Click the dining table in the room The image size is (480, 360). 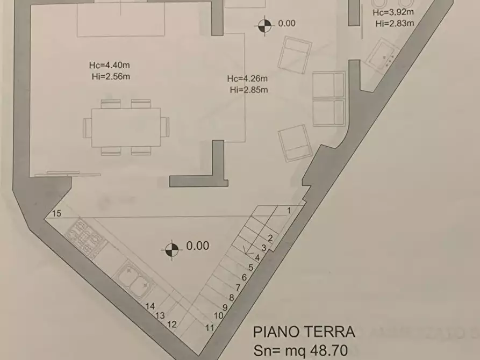tap(126, 127)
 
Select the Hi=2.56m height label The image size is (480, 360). tap(111, 76)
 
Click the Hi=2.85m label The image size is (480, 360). tap(248, 90)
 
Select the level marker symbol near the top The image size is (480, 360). tap(264, 24)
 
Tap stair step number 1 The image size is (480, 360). tap(289, 210)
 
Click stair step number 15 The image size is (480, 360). tap(58, 214)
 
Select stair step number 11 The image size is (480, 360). tap(210, 327)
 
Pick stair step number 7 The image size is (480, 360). tap(238, 287)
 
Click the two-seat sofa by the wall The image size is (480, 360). tap(328, 98)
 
